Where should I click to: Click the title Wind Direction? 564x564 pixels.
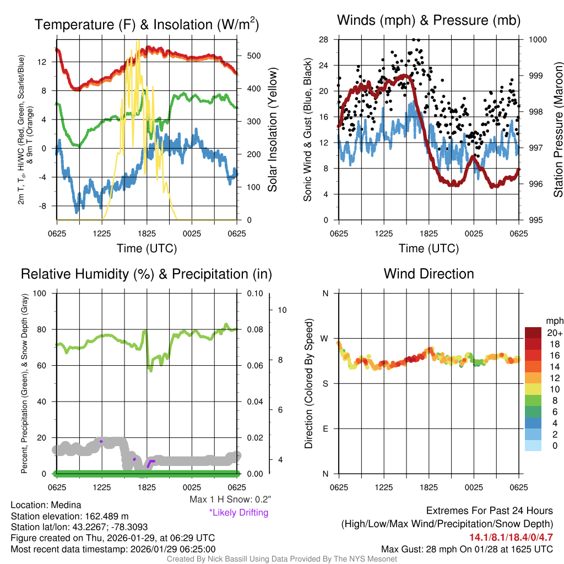point(429,274)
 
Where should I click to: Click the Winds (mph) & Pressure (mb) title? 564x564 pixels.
point(429,21)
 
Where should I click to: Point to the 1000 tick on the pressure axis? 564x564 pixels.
point(537,40)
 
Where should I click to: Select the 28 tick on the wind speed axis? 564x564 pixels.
point(324,40)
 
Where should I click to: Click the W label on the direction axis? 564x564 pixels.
point(325,338)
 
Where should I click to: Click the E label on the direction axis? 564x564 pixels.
point(325,429)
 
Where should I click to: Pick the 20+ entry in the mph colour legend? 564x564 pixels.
point(554,333)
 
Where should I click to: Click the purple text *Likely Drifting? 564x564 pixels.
point(238,512)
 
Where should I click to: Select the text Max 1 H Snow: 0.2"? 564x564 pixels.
point(230,500)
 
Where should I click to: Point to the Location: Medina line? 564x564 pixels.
point(46,505)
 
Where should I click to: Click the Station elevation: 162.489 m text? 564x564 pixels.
point(69,516)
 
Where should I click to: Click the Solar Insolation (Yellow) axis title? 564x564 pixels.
point(272,130)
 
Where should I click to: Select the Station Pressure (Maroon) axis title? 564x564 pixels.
point(557,130)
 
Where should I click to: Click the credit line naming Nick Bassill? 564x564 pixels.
point(282,559)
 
